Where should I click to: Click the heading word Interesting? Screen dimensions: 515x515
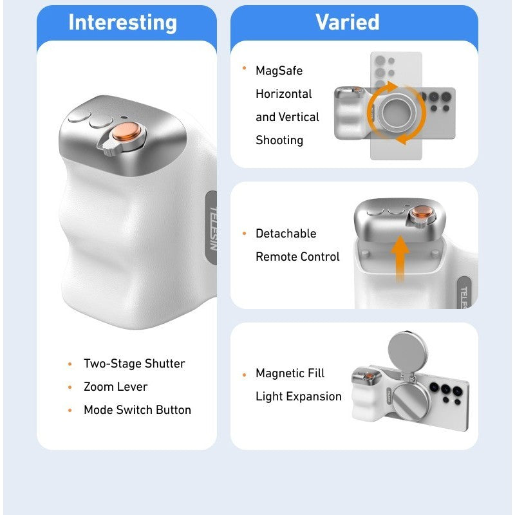[x=122, y=23]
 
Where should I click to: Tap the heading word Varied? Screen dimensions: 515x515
[x=348, y=22]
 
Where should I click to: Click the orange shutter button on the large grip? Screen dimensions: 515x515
[x=126, y=131]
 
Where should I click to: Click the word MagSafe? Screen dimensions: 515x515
[x=279, y=71]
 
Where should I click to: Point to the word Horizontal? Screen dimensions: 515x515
[x=284, y=94]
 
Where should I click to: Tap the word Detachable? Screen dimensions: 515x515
[x=286, y=234]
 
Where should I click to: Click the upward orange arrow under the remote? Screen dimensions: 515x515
[x=400, y=259]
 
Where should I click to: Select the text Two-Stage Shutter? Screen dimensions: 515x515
[x=135, y=364]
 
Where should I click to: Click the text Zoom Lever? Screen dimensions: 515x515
[x=116, y=387]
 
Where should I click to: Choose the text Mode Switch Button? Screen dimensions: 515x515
[x=137, y=410]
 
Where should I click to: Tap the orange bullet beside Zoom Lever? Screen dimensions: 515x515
[x=70, y=388]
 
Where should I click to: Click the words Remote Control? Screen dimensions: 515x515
[x=297, y=256]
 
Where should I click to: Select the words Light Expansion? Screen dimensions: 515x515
[x=299, y=397]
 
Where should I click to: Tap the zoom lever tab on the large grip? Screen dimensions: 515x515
[x=108, y=148]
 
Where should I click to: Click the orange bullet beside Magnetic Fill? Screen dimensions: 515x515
[x=244, y=375]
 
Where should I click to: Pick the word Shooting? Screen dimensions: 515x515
[x=279, y=140]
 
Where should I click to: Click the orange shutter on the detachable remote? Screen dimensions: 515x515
[x=421, y=212]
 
